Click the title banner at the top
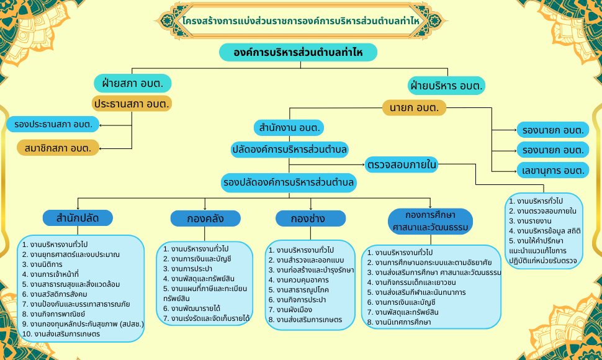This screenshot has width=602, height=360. pyautogui.click(x=301, y=20)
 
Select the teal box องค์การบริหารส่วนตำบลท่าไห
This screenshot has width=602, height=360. pyautogui.click(x=298, y=52)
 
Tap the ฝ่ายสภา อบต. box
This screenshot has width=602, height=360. pyautogui.click(x=132, y=83)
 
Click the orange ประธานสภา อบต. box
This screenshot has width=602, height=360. pyautogui.click(x=132, y=104)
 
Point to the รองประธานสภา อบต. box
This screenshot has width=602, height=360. pyautogui.click(x=53, y=124)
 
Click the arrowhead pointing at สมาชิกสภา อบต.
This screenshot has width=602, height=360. pyautogui.click(x=101, y=148)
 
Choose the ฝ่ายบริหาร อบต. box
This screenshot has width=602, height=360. pyautogui.click(x=446, y=86)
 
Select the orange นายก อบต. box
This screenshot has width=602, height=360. pyautogui.click(x=414, y=108)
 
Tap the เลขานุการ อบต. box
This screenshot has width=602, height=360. pyautogui.click(x=553, y=170)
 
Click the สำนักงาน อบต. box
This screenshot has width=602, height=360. pyautogui.click(x=289, y=128)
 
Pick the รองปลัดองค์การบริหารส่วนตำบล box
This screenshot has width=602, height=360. pyautogui.click(x=289, y=182)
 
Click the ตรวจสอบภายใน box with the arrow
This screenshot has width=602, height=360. pyautogui.click(x=401, y=164)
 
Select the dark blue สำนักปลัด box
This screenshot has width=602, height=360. pyautogui.click(x=78, y=218)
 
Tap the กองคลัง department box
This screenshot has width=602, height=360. pyautogui.click(x=205, y=218)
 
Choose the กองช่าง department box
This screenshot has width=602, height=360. pyautogui.click(x=310, y=218)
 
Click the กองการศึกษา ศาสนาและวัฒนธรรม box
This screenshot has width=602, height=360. pyautogui.click(x=430, y=221)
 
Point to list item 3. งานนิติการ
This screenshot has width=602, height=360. pyautogui.click(x=42, y=264)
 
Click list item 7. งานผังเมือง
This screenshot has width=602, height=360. pyautogui.click(x=290, y=310)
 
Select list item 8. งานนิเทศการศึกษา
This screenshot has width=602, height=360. pyautogui.click(x=399, y=322)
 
